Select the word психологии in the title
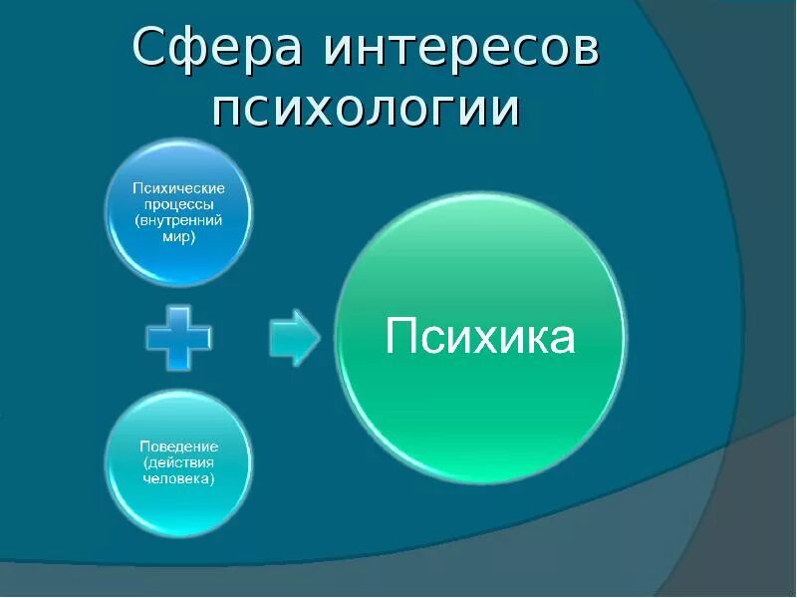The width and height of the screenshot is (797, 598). tap(367, 108)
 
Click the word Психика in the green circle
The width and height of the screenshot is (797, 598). tap(480, 336)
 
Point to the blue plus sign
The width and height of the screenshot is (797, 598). tap(179, 338)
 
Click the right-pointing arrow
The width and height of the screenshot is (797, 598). tap(295, 338)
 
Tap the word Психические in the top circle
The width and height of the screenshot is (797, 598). tap(180, 187)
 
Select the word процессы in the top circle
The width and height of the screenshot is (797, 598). tap(180, 203)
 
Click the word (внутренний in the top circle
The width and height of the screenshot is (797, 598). tap(180, 219)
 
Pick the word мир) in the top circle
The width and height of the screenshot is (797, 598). tap(180, 236)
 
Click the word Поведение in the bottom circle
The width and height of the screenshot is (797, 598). tap(179, 447)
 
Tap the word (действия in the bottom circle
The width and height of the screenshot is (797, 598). tap(179, 462)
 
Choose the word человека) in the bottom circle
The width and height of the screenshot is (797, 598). tap(179, 478)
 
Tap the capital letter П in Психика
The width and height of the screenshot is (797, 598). tap(399, 336)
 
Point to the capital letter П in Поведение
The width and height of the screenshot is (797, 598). tap(143, 447)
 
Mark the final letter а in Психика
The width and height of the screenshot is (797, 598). tap(563, 339)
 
